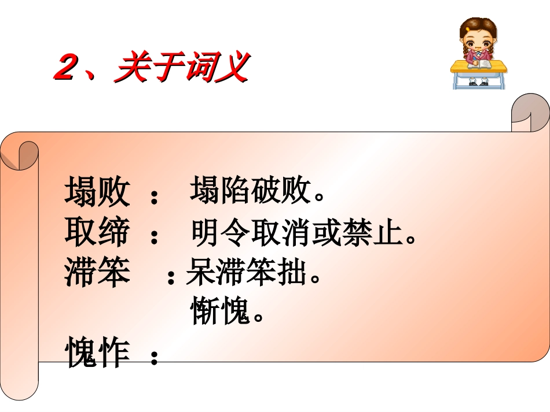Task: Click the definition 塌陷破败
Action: [x=251, y=191]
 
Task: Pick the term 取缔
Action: [x=97, y=233]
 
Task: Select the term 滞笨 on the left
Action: [x=97, y=272]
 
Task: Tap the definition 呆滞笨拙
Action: [x=245, y=274]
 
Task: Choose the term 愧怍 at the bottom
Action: [x=97, y=352]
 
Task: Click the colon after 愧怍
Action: [x=153, y=358]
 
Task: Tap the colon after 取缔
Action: [x=153, y=237]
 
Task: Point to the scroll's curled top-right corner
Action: [x=530, y=113]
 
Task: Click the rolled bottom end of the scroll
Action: [x=20, y=381]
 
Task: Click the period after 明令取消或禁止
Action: [x=411, y=239]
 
